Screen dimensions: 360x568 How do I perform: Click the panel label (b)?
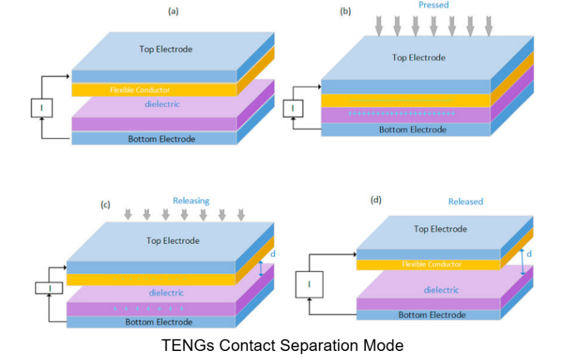(346, 11)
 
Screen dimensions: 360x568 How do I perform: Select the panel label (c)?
(106, 205)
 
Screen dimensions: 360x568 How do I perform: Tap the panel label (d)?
(376, 200)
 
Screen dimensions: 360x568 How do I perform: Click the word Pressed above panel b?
(433, 5)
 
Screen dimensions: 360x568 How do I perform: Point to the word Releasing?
(191, 201)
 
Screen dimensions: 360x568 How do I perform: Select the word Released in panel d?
(466, 202)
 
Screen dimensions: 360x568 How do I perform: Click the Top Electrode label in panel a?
(166, 49)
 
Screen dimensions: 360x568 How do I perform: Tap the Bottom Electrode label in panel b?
(412, 129)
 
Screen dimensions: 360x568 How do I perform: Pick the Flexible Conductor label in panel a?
(140, 90)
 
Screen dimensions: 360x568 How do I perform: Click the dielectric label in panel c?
(166, 293)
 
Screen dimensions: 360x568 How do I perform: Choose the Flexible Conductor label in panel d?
(432, 264)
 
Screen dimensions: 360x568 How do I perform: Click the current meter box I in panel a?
(41, 108)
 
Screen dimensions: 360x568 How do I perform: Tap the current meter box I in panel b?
(293, 108)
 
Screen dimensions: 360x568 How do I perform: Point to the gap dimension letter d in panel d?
(529, 254)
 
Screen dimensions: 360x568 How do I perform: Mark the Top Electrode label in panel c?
(173, 241)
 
